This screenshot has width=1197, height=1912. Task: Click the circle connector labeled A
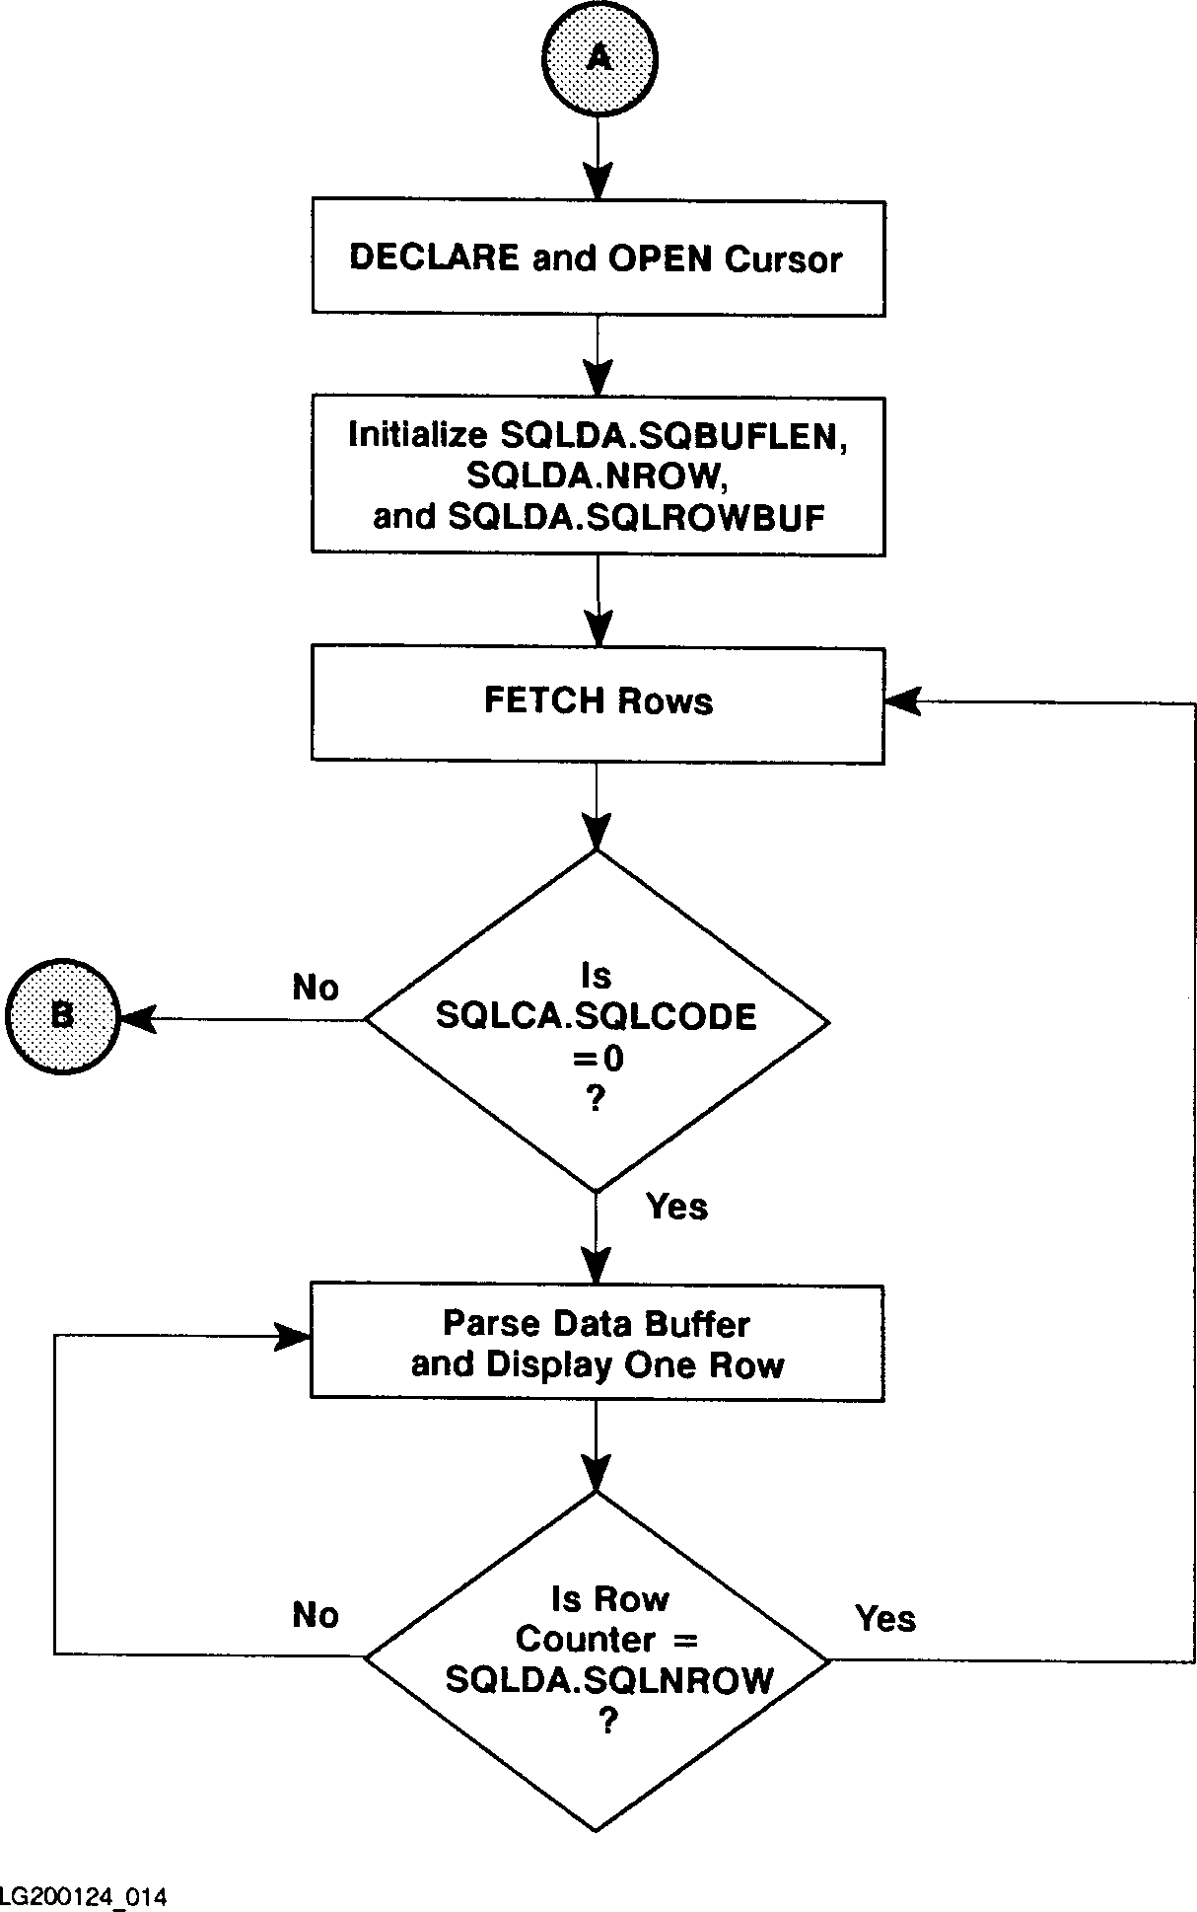598,59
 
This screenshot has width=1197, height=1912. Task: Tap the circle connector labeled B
62,1015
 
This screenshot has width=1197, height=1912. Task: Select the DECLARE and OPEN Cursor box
598,258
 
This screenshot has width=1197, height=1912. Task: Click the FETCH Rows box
598,703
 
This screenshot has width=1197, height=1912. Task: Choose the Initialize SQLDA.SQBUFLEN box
598,475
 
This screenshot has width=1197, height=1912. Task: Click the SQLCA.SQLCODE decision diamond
597,1020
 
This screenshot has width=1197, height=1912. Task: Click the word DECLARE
434,258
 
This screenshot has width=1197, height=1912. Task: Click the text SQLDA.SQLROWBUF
636,518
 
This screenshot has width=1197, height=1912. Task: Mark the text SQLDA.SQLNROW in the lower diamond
609,1679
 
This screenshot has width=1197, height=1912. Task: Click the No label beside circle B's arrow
316,988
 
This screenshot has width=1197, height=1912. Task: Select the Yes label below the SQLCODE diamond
677,1207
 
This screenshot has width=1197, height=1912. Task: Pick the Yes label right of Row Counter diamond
885,1618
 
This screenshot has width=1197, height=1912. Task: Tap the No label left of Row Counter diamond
316,1615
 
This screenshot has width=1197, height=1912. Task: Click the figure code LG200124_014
83,1896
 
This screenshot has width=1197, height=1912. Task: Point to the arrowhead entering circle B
138,1019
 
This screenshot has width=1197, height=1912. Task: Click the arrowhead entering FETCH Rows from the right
901,701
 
